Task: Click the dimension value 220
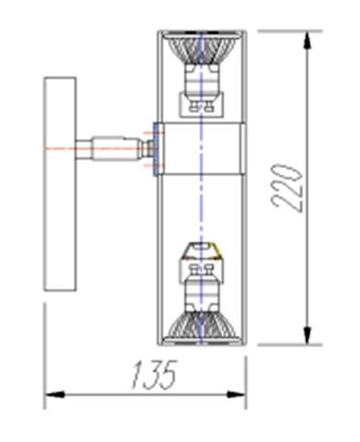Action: (286, 187)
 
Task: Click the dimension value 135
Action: (154, 374)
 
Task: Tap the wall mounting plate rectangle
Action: (60, 184)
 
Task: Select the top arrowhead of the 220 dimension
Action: (308, 40)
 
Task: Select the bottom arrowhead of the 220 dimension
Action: (308, 335)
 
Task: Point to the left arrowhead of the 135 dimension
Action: (55, 395)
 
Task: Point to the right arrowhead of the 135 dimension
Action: (236, 395)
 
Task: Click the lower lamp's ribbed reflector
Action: (202, 327)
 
